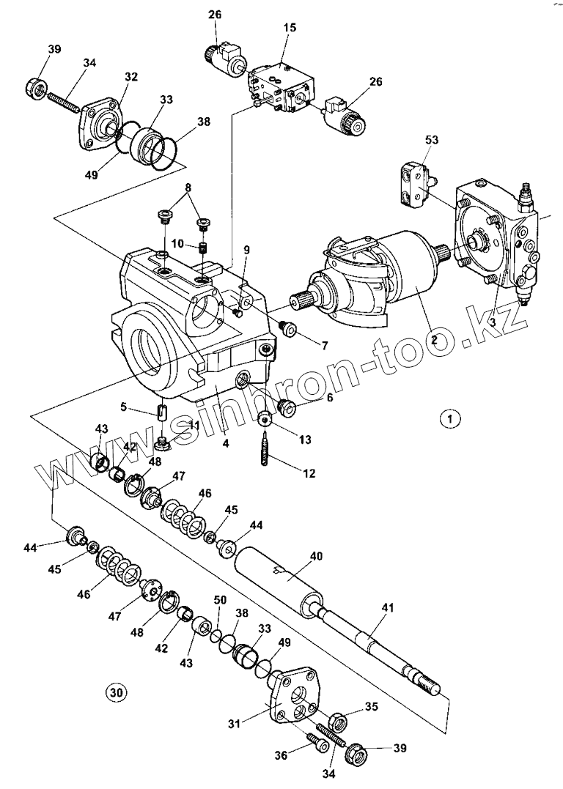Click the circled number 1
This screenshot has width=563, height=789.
click(449, 418)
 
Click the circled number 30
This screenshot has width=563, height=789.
click(115, 692)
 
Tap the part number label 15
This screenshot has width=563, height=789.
click(290, 27)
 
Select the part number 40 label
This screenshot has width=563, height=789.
click(315, 556)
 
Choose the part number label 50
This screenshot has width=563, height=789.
click(220, 601)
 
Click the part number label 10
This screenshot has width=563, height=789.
click(178, 243)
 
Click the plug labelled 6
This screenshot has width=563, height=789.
click(287, 407)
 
